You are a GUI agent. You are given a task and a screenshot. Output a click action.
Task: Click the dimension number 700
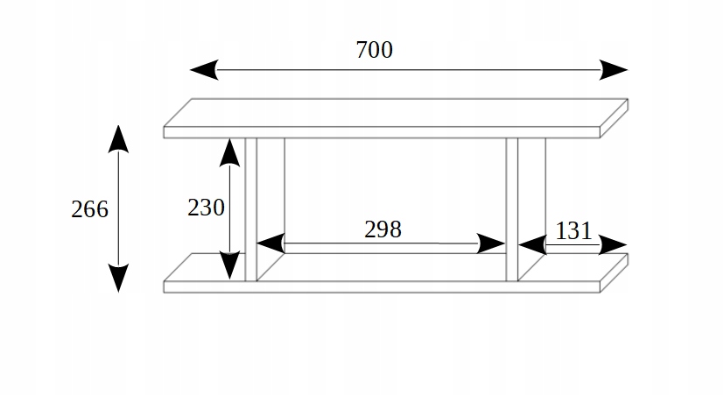coord(374,50)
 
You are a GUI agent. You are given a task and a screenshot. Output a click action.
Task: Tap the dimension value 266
coord(90,209)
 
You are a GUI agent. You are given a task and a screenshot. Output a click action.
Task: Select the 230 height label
coord(207,208)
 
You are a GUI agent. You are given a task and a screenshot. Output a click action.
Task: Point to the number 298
coord(383,229)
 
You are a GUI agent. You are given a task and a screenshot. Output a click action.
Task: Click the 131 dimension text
coord(573,231)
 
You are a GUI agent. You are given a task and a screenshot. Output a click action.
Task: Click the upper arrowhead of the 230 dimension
coord(229,152)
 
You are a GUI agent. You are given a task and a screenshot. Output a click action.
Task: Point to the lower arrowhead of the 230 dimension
coord(229,265)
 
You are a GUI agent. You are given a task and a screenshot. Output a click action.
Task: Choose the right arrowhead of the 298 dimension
coord(492,243)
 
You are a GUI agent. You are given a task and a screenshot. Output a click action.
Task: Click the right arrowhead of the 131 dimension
coord(614,244)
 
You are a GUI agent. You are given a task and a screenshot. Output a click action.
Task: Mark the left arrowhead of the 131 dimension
coord(533,244)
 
